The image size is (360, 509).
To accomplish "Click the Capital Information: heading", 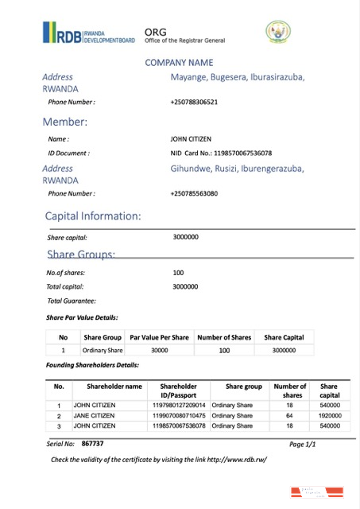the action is pyautogui.click(x=93, y=216).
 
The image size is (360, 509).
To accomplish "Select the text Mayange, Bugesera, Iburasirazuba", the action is pyautogui.click(x=237, y=77).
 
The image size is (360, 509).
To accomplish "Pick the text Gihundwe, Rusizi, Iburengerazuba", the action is pyautogui.click(x=237, y=169).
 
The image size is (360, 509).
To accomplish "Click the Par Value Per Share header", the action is pyautogui.click(x=159, y=337).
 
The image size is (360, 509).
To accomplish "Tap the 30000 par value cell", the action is pyautogui.click(x=159, y=350).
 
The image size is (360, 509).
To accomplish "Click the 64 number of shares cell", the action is pyautogui.click(x=290, y=415).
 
